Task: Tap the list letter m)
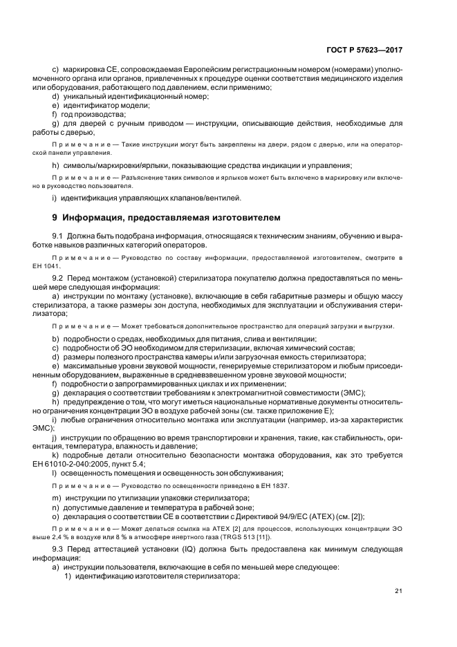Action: tap(56, 498)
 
